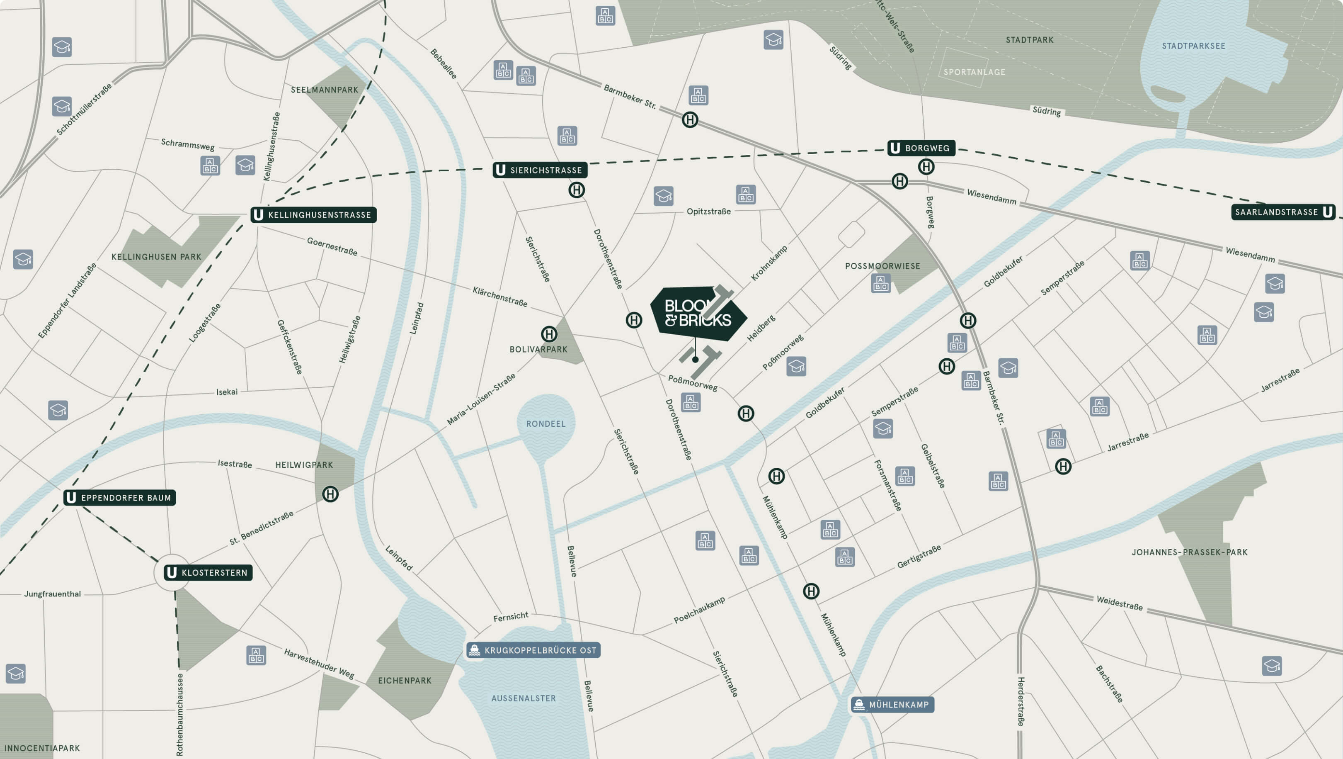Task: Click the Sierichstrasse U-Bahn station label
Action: (540, 170)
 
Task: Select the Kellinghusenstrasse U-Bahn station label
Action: (313, 215)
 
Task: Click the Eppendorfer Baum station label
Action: (119, 498)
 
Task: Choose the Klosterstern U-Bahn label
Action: (208, 573)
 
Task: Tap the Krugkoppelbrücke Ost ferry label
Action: (533, 650)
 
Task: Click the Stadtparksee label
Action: (1193, 46)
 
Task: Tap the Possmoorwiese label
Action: (882, 266)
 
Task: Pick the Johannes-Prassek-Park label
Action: (1189, 552)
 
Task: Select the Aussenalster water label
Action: (524, 698)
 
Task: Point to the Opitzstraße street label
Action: (708, 211)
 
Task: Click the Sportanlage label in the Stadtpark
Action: (974, 72)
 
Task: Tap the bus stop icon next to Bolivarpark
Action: (548, 334)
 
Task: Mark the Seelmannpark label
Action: (324, 90)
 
